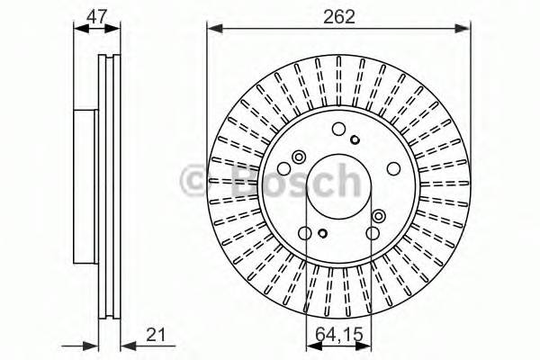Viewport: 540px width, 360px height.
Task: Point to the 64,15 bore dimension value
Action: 340,337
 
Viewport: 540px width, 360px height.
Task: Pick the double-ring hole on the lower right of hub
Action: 378,216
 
